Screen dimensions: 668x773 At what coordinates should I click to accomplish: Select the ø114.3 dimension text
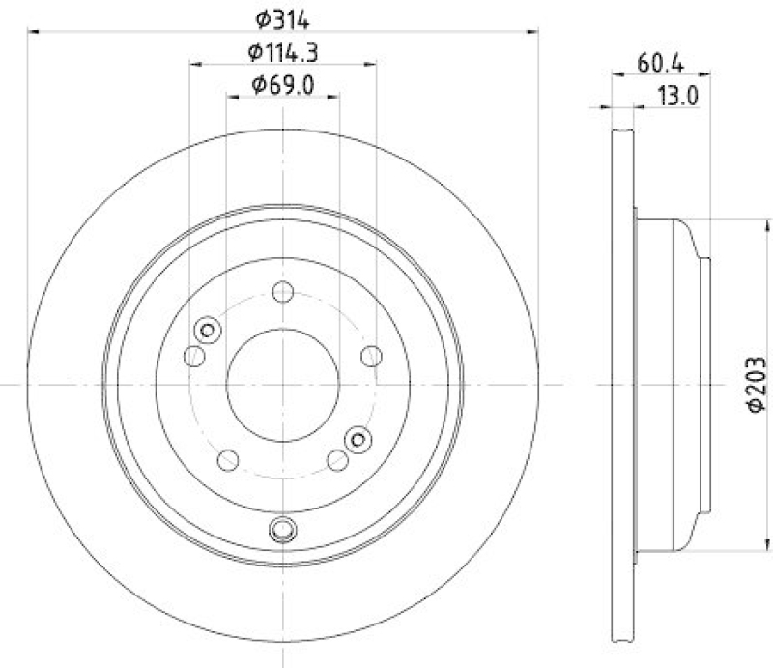(281, 52)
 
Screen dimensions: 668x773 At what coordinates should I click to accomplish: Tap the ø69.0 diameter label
(282, 85)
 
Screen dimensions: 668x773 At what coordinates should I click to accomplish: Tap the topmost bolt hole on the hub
(282, 290)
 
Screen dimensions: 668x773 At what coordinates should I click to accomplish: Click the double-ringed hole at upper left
(206, 331)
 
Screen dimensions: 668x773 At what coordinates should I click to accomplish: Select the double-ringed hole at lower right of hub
(358, 440)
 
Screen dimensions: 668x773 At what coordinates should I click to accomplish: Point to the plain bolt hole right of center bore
(370, 356)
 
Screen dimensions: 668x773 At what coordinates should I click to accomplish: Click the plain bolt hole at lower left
(228, 459)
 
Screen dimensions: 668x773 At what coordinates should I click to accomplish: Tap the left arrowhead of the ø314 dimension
(33, 31)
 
